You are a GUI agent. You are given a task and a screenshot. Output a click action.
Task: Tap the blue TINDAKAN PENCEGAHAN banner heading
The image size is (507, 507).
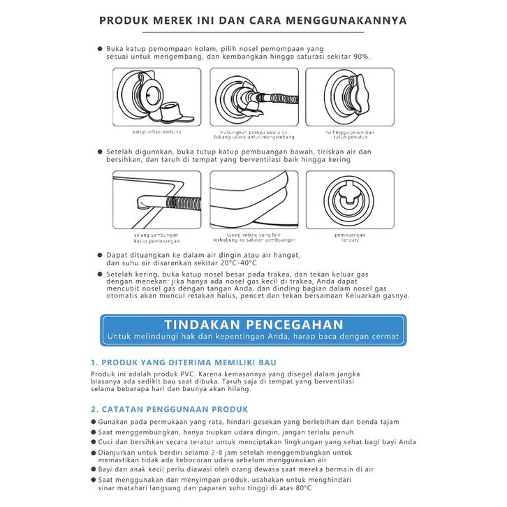tap(253, 325)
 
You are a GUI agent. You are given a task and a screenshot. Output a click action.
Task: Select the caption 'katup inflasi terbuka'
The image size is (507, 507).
tap(157, 132)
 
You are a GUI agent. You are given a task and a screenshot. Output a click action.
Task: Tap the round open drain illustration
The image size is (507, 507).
tap(350, 199)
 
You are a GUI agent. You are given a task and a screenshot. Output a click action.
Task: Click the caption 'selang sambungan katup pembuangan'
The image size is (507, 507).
tap(156, 237)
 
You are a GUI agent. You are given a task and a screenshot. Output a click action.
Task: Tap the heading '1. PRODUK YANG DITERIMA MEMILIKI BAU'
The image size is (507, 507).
tap(184, 363)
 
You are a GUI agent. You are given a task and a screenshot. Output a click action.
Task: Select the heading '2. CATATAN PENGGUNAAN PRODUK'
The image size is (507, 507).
tap(168, 409)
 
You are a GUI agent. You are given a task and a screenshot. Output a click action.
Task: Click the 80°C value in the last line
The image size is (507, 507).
tap(304, 487)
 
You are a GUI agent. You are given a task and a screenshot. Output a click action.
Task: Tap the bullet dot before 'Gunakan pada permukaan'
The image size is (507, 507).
tap(94, 422)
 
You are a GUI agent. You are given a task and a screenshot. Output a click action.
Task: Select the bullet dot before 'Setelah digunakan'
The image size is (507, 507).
tap(100, 152)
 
